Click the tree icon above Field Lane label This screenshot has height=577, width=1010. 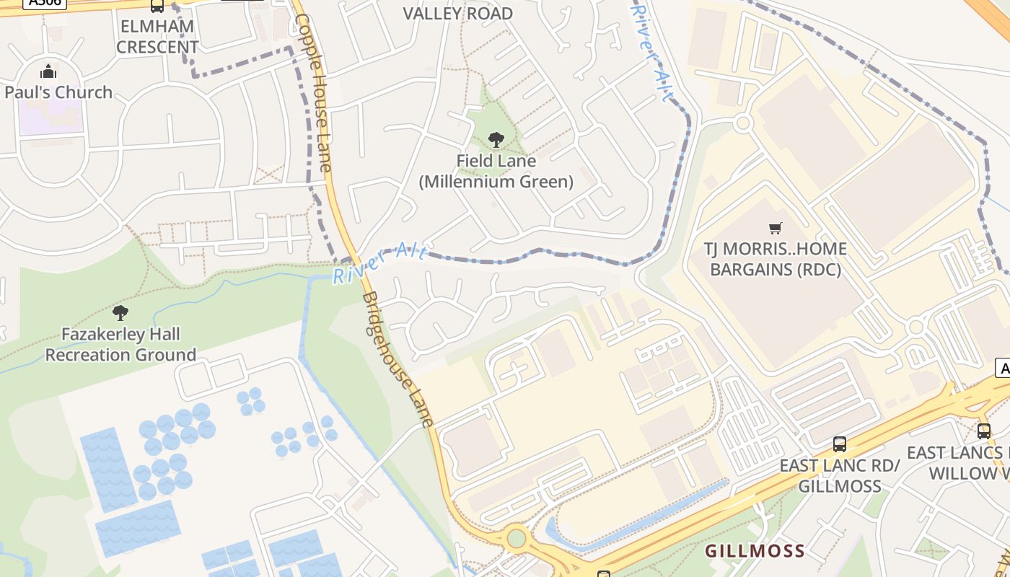coord(496,140)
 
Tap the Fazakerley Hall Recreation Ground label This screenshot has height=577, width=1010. coord(120,345)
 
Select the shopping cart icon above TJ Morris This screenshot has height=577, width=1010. coord(776,229)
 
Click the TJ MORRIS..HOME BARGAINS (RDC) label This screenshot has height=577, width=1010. coord(776,259)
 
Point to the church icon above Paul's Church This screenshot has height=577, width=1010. coord(48,71)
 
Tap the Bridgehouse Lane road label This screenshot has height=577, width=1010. coord(398,358)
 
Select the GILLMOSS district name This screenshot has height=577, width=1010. coord(755,552)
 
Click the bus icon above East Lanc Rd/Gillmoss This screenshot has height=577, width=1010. coord(839,444)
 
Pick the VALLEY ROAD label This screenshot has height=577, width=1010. coord(457,14)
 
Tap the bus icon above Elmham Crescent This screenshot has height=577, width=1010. coord(157,6)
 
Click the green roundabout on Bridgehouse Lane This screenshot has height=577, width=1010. coord(516,538)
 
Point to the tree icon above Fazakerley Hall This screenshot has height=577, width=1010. coord(120,313)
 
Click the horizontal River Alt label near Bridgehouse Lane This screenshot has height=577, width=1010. coord(380,263)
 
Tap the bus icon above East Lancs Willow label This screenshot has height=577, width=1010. coord(984,431)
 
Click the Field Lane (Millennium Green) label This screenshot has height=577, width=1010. coord(496,171)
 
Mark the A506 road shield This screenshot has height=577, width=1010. coord(45,3)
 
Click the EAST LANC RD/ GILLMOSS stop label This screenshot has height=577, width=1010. coord(839,475)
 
